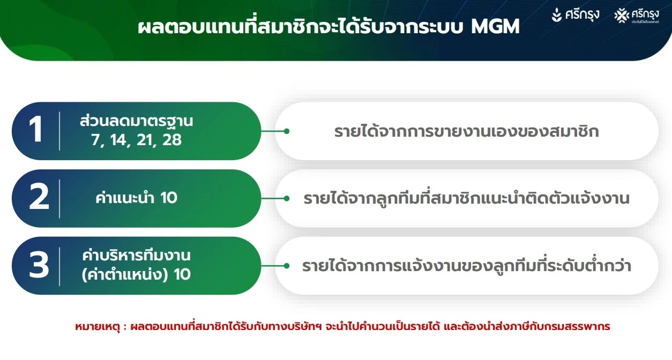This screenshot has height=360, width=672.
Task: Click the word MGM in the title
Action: point(495,26)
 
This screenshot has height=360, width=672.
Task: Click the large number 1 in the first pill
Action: point(36,129)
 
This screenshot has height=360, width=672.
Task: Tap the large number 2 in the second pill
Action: point(39,197)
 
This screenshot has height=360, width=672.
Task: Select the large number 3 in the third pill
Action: point(39,265)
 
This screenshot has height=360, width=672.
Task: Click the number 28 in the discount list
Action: point(172,140)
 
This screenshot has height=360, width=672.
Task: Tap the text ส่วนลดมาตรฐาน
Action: point(137,121)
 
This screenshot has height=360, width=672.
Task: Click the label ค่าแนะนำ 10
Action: point(137,198)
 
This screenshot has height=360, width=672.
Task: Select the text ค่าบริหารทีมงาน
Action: point(137,256)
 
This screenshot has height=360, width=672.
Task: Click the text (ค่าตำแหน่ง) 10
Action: point(137,274)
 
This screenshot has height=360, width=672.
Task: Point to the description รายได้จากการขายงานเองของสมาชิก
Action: point(467,131)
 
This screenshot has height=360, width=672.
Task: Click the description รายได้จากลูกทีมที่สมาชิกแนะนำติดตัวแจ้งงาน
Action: point(467,198)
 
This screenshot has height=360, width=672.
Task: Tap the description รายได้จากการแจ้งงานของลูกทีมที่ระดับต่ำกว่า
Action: point(467,266)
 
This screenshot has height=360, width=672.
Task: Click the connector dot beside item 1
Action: point(287,131)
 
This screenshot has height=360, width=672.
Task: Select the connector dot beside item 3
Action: point(287,266)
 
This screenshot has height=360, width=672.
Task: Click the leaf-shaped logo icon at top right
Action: point(557,14)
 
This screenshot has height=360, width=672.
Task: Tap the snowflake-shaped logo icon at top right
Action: point(622,16)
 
